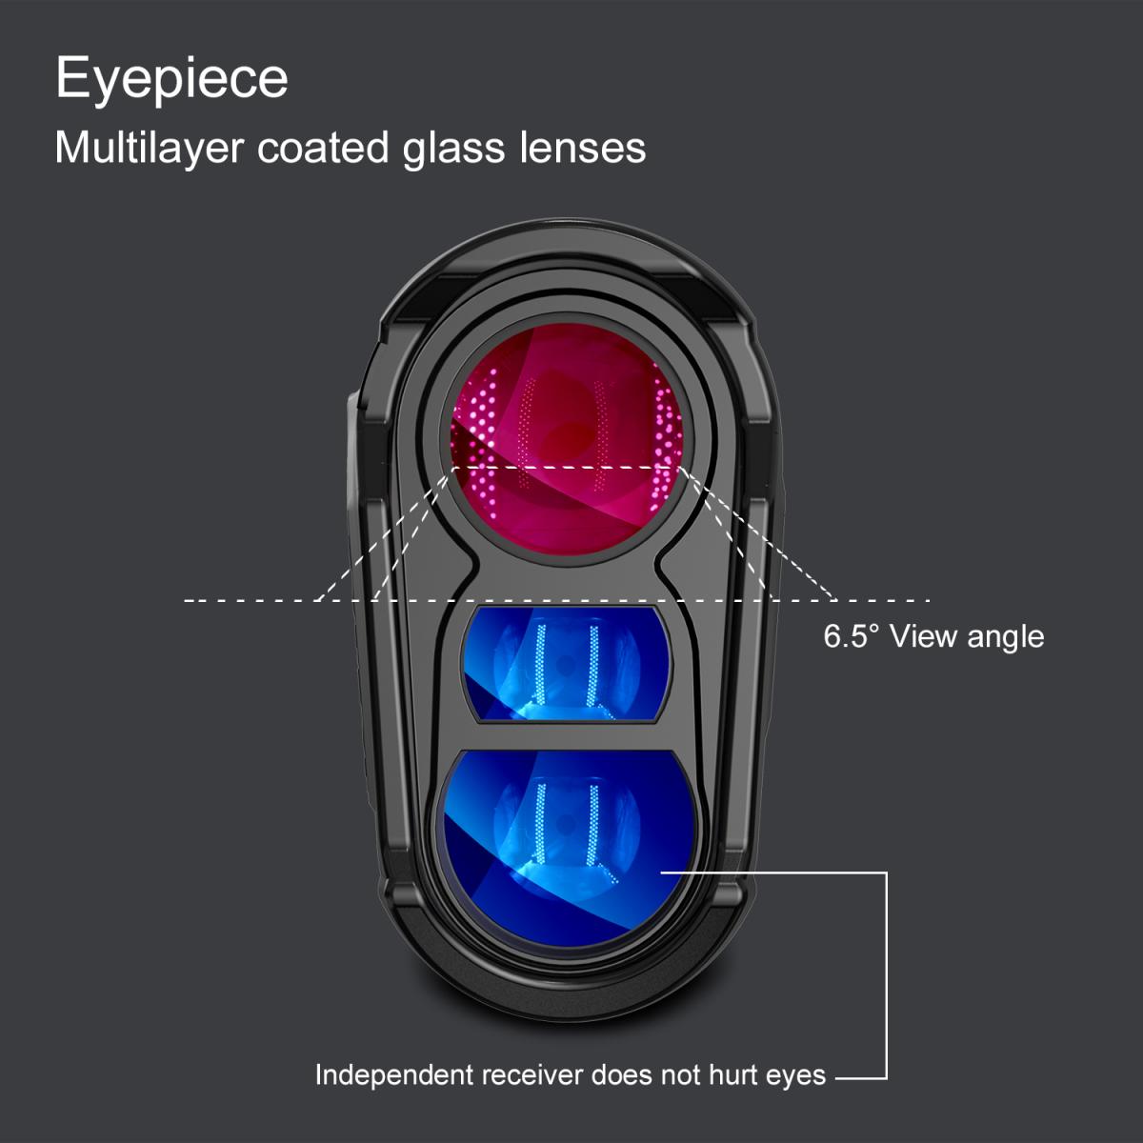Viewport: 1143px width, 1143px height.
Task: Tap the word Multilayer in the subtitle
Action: point(149,150)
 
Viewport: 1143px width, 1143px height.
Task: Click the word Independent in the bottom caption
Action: point(393,1075)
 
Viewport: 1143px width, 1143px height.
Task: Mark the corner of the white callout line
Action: point(887,1077)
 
